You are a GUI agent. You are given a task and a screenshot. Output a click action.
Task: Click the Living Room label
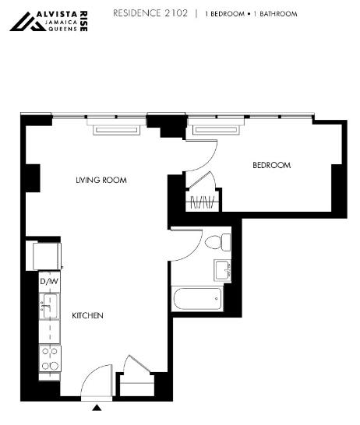click(101, 180)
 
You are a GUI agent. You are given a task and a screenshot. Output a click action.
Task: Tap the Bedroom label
click(272, 165)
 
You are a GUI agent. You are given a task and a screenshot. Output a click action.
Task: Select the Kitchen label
click(87, 315)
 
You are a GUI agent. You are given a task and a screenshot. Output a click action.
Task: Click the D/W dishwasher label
click(49, 281)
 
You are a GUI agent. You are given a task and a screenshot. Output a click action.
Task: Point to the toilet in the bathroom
click(217, 242)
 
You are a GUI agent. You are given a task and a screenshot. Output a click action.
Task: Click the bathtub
click(197, 299)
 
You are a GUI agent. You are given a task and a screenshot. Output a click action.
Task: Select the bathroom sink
click(222, 271)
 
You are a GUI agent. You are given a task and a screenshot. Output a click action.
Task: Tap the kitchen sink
click(49, 306)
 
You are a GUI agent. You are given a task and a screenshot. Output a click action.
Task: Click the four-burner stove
click(50, 358)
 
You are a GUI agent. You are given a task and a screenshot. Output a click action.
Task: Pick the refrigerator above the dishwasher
click(47, 256)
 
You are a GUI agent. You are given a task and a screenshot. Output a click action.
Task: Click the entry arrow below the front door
click(97, 408)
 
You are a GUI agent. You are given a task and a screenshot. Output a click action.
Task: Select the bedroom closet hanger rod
click(202, 202)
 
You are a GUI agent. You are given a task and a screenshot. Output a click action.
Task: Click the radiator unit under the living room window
click(117, 130)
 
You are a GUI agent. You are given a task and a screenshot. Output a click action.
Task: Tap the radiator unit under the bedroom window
click(216, 129)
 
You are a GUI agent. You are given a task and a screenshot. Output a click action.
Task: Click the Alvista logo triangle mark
click(28, 22)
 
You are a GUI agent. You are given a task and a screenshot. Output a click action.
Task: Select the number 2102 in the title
click(176, 13)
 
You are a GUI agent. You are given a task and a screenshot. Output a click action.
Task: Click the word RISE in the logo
click(84, 22)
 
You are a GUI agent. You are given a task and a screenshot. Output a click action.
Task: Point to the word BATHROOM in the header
click(278, 14)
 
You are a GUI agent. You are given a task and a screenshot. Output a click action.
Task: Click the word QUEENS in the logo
click(62, 29)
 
